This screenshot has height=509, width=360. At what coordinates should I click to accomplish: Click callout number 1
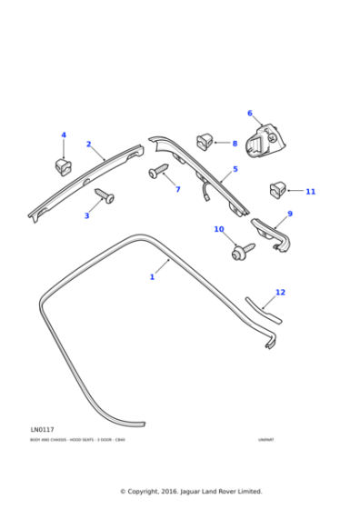pyautogui.click(x=152, y=276)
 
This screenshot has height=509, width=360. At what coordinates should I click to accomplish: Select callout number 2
pyautogui.click(x=88, y=145)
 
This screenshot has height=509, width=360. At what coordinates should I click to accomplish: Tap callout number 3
pyautogui.click(x=86, y=215)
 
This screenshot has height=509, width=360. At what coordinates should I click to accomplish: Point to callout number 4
pyautogui.click(x=64, y=135)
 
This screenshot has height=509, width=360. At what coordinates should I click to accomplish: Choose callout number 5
pyautogui.click(x=235, y=169)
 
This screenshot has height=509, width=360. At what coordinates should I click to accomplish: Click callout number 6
pyautogui.click(x=249, y=114)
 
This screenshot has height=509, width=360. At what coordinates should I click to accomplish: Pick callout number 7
pyautogui.click(x=177, y=189)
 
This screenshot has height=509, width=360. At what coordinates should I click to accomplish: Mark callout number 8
pyautogui.click(x=234, y=144)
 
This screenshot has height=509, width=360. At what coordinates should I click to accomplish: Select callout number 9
pyautogui.click(x=289, y=214)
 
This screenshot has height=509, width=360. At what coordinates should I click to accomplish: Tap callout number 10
pyautogui.click(x=218, y=229)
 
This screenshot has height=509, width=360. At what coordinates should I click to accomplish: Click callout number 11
pyautogui.click(x=310, y=192)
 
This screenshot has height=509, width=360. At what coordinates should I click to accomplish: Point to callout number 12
pyautogui.click(x=280, y=292)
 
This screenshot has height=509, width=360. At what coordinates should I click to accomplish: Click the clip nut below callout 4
pyautogui.click(x=62, y=166)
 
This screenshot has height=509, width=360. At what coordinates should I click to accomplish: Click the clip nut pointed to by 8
pyautogui.click(x=205, y=141)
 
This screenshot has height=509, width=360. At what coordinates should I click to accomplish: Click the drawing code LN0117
pyautogui.click(x=42, y=429)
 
